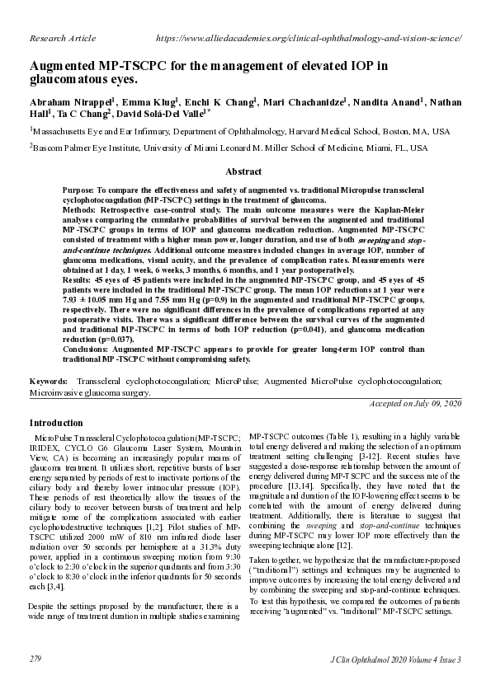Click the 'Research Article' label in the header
pos(63,39)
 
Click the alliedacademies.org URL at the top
pos(308,39)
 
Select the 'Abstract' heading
pos(245,172)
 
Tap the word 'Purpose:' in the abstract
pos(80,190)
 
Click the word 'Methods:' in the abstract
pos(81,210)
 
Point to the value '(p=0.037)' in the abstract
pos(118,339)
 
